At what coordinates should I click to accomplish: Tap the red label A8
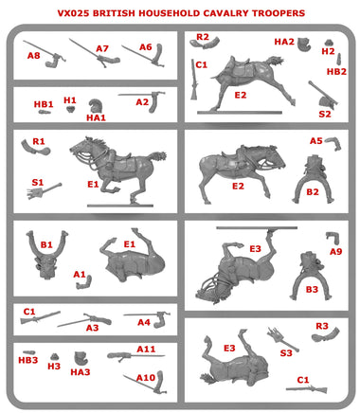(34, 56)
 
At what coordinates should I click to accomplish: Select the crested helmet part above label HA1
(94, 106)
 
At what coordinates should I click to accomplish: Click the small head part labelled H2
(329, 43)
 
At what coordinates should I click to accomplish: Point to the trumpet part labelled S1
(45, 191)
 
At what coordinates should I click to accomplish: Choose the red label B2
(313, 192)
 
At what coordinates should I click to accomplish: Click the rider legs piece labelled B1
(46, 254)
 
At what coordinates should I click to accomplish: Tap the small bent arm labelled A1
(84, 282)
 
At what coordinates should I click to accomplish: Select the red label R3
(322, 326)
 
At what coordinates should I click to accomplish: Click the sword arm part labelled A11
(135, 356)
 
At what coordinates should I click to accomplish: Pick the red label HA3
(81, 372)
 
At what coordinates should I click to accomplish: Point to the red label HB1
(44, 104)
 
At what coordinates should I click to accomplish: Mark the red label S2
(325, 114)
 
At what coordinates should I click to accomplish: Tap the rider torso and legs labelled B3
(311, 276)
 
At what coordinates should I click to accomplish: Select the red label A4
(144, 322)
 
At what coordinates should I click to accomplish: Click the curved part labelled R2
(205, 43)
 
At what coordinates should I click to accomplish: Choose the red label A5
(316, 141)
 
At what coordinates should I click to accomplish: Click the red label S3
(286, 352)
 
